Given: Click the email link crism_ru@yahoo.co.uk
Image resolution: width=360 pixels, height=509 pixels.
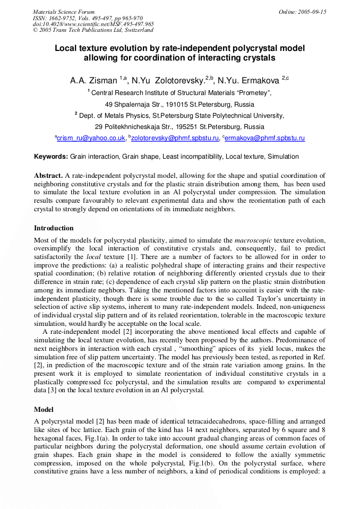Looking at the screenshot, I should [91, 138].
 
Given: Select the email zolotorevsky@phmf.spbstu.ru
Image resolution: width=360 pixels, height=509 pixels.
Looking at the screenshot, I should [175, 138].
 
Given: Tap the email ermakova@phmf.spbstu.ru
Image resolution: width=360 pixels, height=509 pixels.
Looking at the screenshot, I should [265, 138].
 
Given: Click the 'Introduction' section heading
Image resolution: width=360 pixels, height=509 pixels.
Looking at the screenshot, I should [54, 228].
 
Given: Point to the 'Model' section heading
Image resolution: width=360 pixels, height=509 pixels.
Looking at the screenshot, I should [44, 410].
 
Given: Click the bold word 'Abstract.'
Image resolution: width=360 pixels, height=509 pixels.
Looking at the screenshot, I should [48, 175].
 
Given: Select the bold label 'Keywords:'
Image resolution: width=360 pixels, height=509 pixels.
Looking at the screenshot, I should [51, 157].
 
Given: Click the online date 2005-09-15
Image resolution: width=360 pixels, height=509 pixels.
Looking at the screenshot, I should [313, 12].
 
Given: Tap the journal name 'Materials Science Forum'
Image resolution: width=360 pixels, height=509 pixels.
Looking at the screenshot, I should [64, 12].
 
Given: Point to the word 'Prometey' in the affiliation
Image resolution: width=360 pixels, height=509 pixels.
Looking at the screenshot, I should [253, 93].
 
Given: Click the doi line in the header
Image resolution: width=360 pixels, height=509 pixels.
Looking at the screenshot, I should [93, 24].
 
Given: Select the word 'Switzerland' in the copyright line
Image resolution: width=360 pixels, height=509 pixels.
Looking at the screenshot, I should [139, 30].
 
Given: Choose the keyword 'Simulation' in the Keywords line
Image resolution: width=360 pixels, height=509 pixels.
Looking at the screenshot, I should [283, 157].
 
